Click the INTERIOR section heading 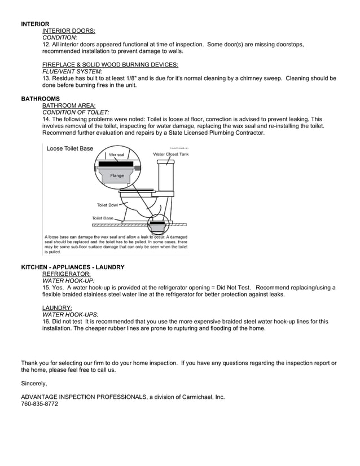click(35, 24)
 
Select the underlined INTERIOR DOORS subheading click(69, 30)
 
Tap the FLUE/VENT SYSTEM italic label click(72, 72)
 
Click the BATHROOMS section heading click(40, 99)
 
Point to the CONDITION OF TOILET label click(76, 112)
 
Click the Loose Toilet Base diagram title click(69, 149)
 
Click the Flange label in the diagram click(117, 175)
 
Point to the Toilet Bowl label click(107, 205)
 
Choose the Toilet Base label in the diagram click(103, 218)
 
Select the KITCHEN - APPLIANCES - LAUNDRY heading click(73, 267)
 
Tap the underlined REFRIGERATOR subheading click(66, 274)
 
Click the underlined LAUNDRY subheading click(57, 307)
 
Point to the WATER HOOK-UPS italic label click(71, 314)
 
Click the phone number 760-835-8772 click(39, 404)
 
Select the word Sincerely click(34, 384)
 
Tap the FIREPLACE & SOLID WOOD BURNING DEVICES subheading click(110, 65)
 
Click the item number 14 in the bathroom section click(46, 120)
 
